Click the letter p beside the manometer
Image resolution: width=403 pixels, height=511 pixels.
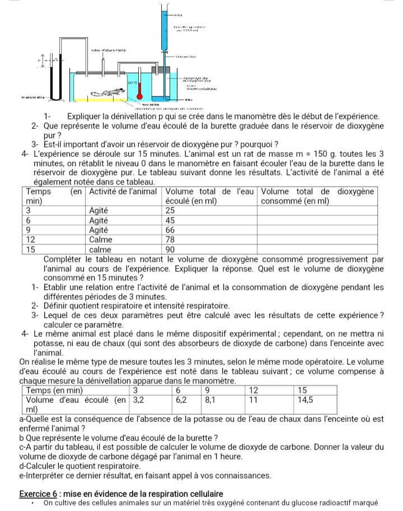coord(39,58)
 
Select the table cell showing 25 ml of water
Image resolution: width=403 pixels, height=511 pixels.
coord(171,210)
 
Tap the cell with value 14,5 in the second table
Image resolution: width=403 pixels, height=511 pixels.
coord(307,401)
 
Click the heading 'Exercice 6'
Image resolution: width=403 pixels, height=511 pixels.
coord(40,494)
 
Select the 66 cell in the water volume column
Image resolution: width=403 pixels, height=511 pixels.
coord(171,230)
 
